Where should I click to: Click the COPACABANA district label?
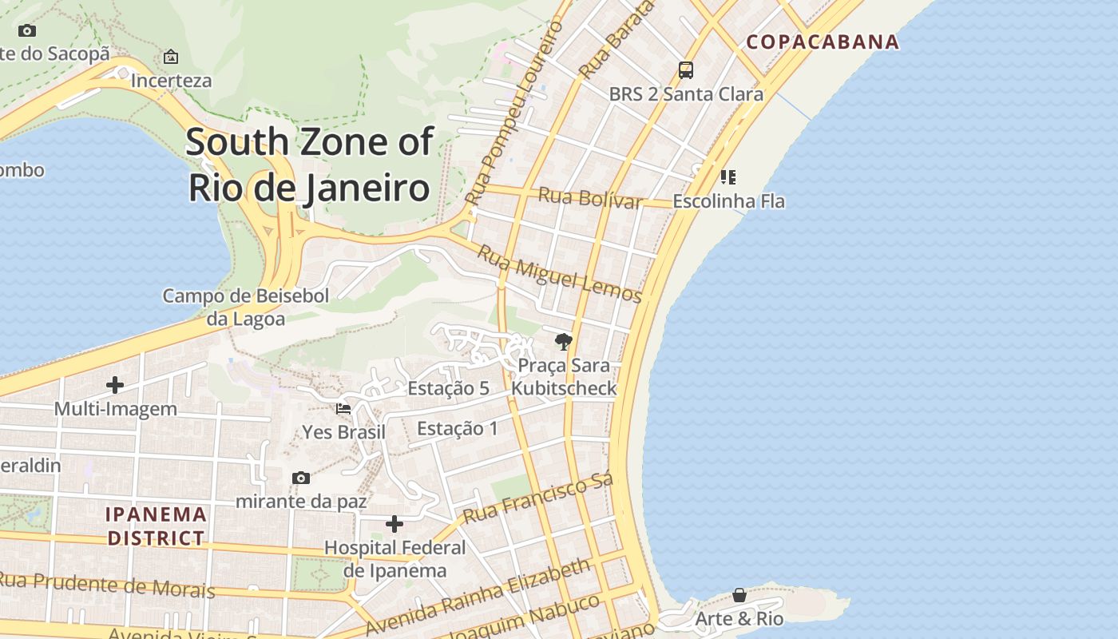[823, 42]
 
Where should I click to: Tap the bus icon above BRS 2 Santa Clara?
[686, 70]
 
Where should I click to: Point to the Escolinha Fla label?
[728, 201]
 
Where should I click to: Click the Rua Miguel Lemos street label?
[559, 274]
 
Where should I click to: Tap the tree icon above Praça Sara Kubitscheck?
[564, 342]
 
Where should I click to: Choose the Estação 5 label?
[448, 388]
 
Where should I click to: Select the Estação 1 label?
[457, 428]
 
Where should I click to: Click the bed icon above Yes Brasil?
[343, 408]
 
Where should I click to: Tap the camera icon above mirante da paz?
[301, 478]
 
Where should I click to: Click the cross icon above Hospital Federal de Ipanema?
[394, 524]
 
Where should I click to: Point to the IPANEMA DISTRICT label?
[157, 526]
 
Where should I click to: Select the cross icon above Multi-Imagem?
[115, 385]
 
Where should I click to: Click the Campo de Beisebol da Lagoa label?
[246, 307]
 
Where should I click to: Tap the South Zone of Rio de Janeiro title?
[310, 165]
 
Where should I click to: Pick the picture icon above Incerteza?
[171, 57]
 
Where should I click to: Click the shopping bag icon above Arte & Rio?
[739, 595]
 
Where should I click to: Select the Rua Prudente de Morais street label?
[107, 585]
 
